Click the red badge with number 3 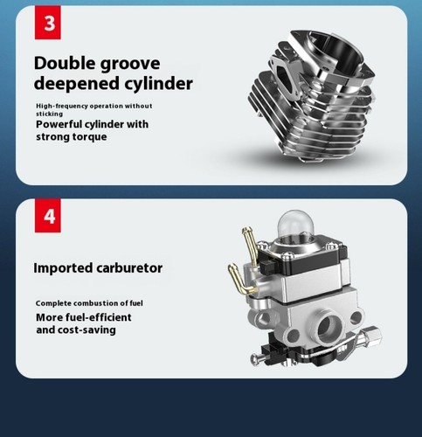click(48, 23)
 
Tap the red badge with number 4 click(48, 216)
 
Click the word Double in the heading click(65, 63)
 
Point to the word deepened click(77, 83)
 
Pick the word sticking click(49, 114)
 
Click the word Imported click(63, 268)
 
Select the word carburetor click(129, 268)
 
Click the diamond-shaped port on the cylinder click(284, 78)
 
